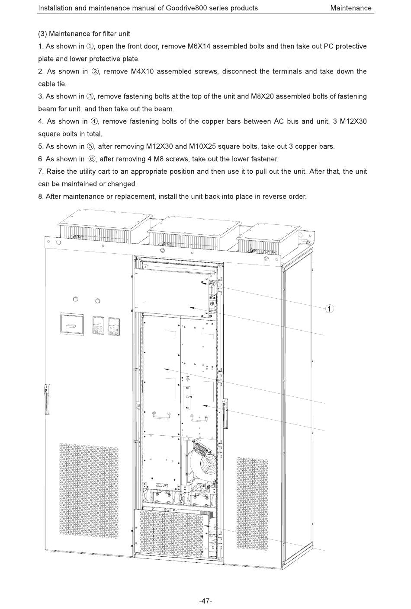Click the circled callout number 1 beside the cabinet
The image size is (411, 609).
(329, 309)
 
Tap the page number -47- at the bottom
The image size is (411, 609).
(205, 601)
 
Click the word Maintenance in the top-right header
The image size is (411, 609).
(350, 8)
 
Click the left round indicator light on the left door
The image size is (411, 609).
(76, 299)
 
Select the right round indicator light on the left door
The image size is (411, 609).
(97, 301)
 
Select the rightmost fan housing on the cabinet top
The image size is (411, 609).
(268, 238)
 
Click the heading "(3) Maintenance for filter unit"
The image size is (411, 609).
(84, 34)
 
